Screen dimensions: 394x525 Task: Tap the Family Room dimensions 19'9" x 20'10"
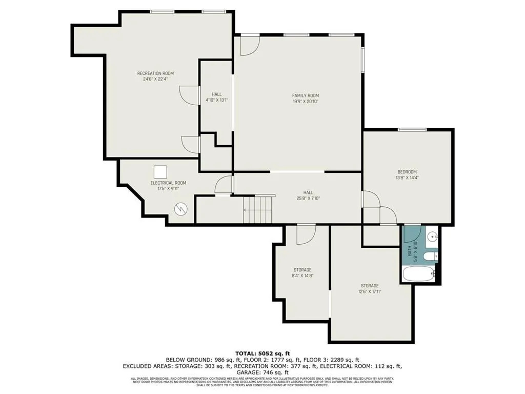coord(306,102)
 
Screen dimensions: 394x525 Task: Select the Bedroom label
coord(407,172)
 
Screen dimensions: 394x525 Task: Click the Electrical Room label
coord(168,183)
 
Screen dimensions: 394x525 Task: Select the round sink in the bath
coord(432,237)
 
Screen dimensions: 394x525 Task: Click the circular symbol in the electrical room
coord(181,209)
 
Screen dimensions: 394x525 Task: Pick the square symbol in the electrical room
coord(161,172)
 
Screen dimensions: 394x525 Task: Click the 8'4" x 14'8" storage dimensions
coord(302,276)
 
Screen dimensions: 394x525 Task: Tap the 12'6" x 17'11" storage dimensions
coord(369,292)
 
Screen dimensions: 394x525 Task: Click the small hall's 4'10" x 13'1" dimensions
coord(217,100)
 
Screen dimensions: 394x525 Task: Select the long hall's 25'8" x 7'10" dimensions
coord(308,199)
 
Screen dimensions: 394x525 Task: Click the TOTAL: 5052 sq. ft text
coord(262,353)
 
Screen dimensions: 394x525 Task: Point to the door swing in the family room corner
coord(250,45)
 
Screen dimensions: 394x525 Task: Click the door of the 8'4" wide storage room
coord(306,233)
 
